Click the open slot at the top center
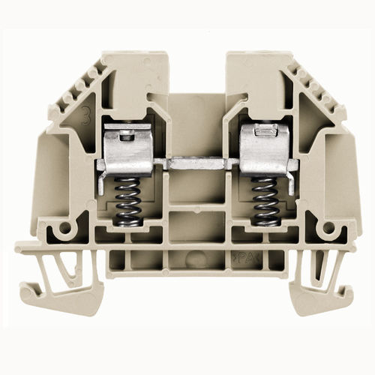196,71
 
